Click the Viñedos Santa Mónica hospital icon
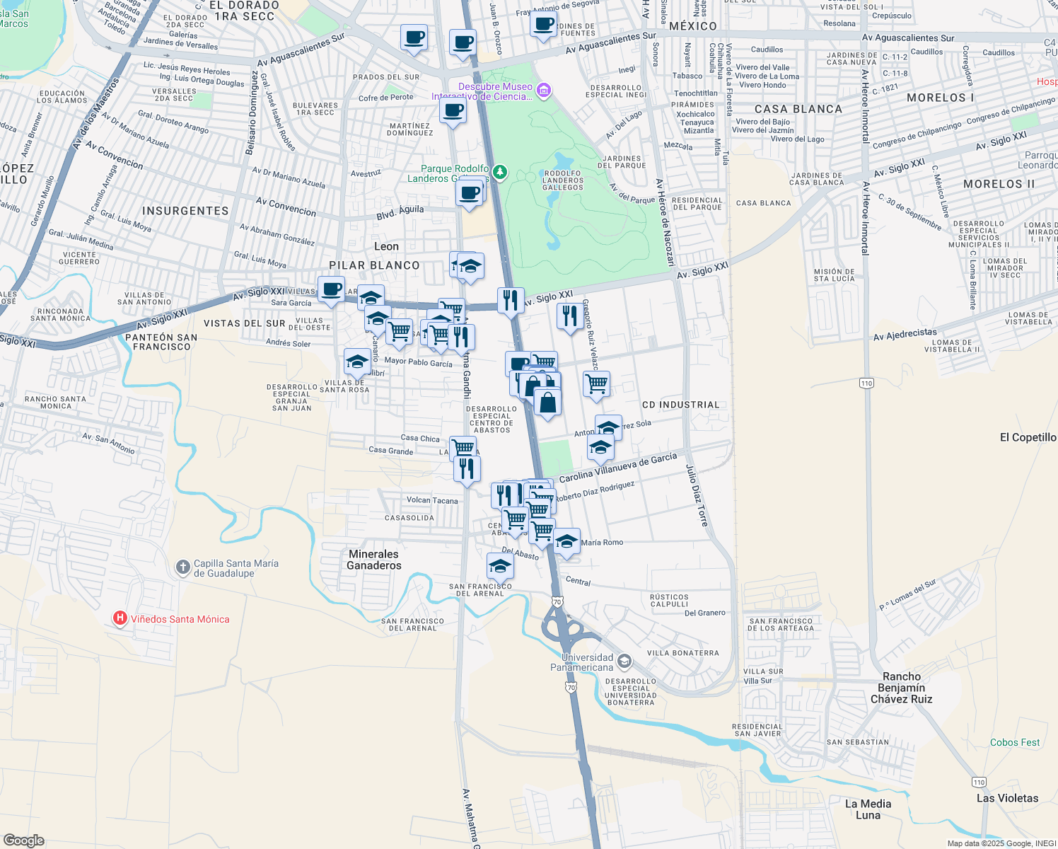120,619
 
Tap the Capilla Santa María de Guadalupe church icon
182,567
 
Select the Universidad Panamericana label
582,662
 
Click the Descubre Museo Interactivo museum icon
544,90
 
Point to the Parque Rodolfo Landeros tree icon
499,172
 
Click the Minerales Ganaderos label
373,560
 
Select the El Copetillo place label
1028,437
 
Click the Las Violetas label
1007,798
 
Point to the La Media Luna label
868,809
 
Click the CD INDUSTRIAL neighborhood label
680,405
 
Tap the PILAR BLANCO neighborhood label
374,265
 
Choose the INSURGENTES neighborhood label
185,211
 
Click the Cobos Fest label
1015,742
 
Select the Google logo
23,841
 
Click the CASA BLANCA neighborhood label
798,109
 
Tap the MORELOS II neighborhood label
999,184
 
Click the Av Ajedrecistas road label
905,334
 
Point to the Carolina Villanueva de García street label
617,468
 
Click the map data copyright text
1001,843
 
